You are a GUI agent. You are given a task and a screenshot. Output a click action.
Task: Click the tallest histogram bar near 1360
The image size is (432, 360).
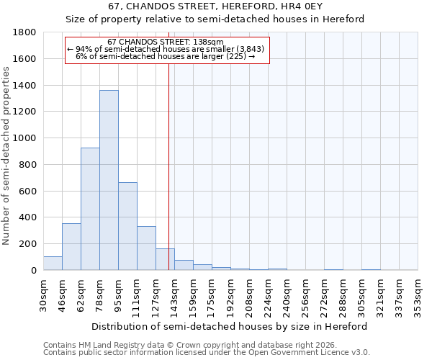coord(109,180)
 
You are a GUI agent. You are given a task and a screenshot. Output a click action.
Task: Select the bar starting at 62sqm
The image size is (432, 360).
coord(90,209)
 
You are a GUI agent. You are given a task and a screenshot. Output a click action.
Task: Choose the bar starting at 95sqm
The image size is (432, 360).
coord(127,226)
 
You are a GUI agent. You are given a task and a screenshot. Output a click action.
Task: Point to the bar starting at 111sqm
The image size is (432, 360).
coord(146,248)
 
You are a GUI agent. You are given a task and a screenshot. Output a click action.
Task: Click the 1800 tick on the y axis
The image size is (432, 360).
coord(25,32)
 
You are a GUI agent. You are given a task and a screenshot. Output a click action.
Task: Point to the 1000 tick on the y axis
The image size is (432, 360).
coord(25,138)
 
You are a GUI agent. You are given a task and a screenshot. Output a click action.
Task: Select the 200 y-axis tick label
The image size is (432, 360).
coord(28,244)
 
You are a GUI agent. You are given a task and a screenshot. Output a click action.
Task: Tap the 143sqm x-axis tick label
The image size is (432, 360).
coord(175,294)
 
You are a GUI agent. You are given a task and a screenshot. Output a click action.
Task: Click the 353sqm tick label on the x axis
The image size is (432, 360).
coord(418,294)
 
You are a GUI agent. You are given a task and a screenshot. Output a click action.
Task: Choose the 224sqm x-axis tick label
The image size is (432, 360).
coord(268,294)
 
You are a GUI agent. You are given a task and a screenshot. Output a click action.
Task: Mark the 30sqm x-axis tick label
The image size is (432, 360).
coord(44,294)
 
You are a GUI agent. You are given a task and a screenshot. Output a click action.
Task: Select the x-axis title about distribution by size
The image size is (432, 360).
coord(230,326)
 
